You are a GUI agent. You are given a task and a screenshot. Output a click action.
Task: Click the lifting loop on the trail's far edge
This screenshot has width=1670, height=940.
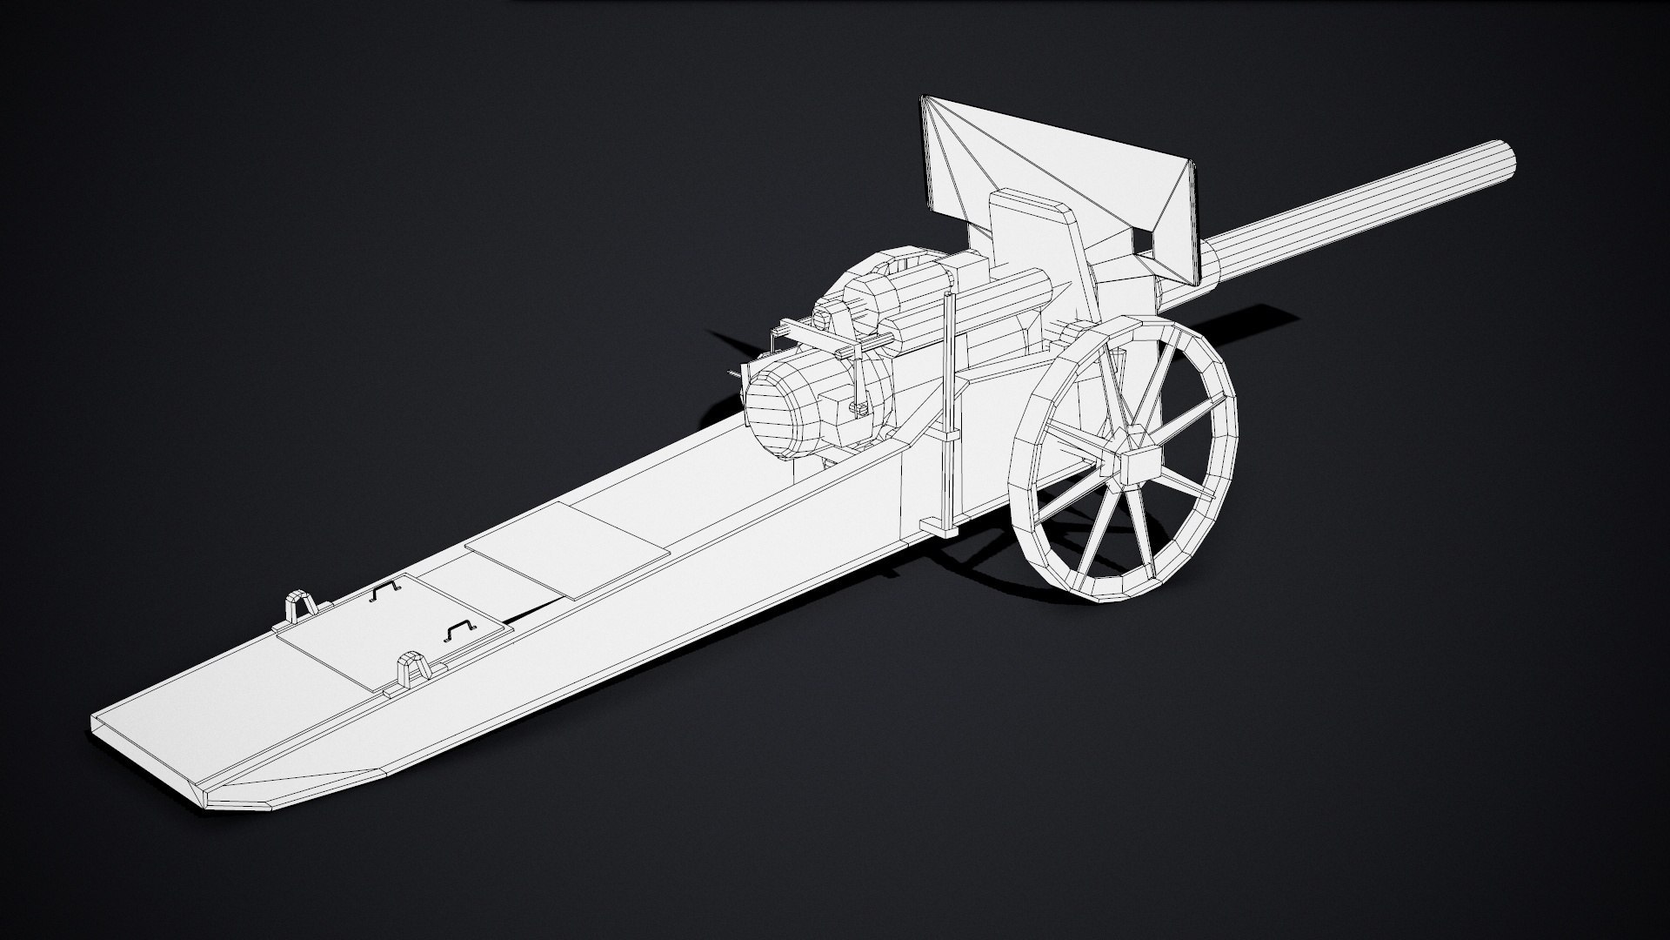(x=299, y=604)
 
